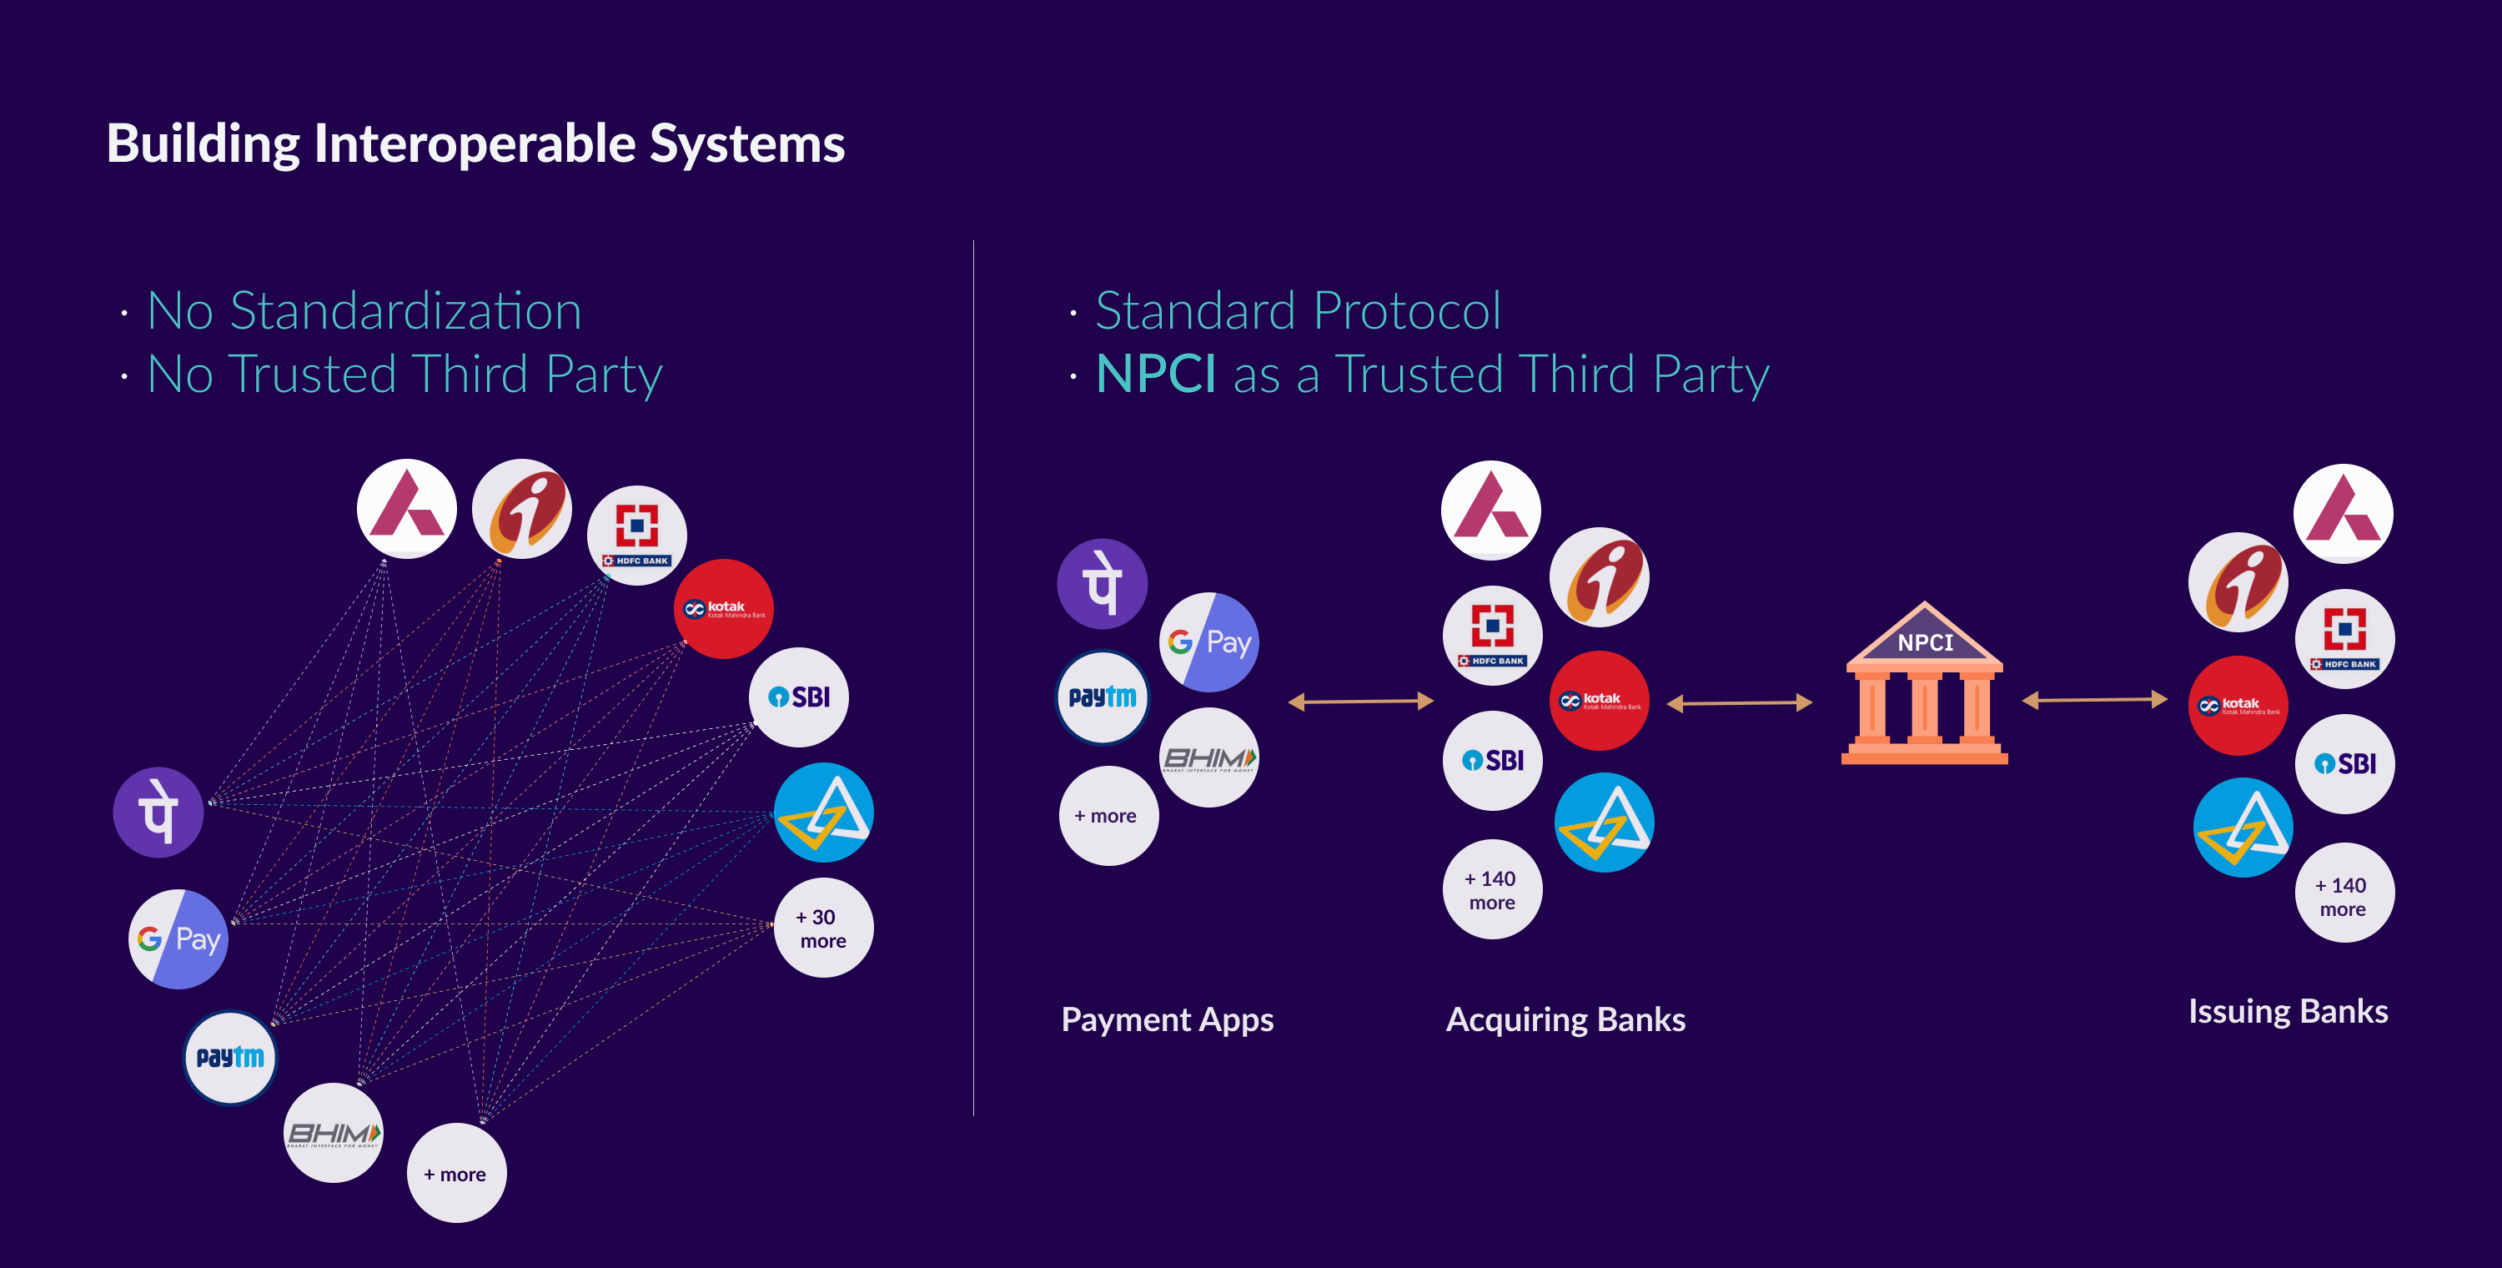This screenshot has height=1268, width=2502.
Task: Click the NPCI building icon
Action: (1924, 686)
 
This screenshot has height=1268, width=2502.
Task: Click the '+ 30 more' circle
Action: (822, 928)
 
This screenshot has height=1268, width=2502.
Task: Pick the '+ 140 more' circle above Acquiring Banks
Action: (1492, 889)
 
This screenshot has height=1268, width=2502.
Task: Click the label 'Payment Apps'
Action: (1167, 1019)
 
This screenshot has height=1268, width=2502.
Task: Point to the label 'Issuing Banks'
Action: (2288, 1012)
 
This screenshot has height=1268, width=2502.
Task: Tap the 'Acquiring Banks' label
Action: (1565, 1019)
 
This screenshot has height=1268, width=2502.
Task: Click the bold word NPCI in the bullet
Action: (1155, 374)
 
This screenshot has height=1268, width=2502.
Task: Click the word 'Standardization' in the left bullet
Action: (405, 312)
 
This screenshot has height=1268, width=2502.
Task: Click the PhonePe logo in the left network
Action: (158, 813)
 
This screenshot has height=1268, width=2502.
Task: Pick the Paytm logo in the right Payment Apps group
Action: (1103, 697)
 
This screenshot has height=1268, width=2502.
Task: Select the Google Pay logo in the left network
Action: (178, 938)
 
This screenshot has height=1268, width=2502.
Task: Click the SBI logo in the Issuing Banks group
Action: (2344, 763)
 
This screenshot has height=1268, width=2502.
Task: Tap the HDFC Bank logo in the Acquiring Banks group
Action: (1492, 636)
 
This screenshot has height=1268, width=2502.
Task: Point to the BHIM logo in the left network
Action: (333, 1133)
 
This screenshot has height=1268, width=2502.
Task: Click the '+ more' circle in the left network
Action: (455, 1174)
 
